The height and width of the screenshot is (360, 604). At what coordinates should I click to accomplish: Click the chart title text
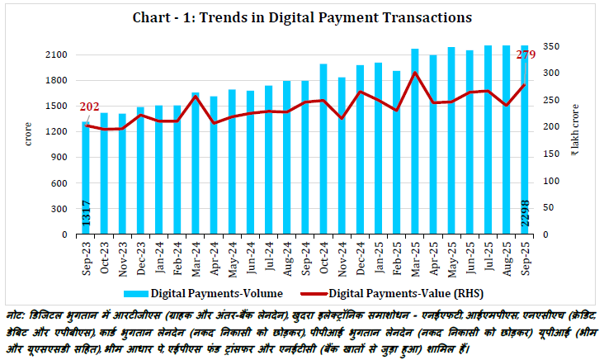[x=302, y=17]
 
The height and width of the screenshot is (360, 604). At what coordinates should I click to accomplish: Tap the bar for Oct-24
[x=323, y=149]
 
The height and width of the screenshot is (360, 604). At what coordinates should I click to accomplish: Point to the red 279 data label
[x=526, y=55]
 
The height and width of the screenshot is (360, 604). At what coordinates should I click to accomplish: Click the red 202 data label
[x=89, y=107]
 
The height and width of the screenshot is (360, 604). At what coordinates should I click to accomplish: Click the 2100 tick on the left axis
[x=56, y=54]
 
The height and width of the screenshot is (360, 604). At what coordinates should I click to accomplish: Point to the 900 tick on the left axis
[x=60, y=158]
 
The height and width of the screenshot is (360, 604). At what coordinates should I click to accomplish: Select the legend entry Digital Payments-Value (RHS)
[x=400, y=292]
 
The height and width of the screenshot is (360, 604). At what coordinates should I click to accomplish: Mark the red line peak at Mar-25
[x=415, y=73]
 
